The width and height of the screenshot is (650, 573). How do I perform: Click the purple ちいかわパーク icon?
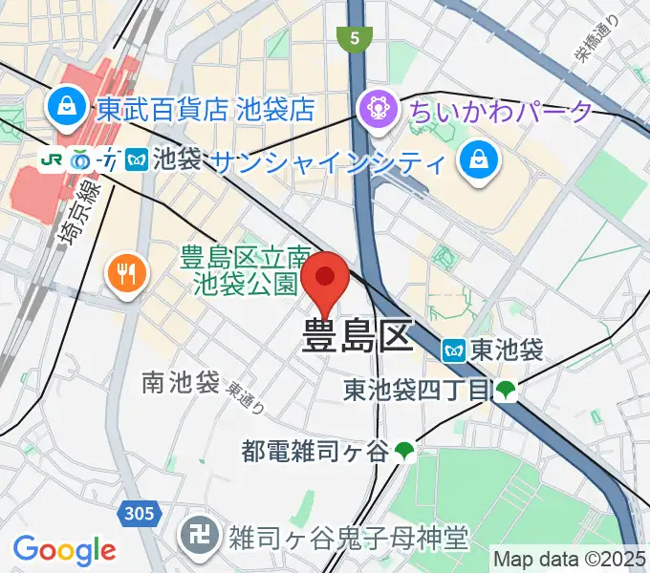379,107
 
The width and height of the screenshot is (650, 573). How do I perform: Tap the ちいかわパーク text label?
501,111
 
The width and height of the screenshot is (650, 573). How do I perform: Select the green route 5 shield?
353,38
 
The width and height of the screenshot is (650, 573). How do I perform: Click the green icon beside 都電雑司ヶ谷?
405,450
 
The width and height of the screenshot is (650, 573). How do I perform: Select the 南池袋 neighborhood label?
181,383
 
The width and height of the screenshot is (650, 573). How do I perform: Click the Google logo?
63,550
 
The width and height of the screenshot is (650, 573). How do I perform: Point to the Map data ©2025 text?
570,557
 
